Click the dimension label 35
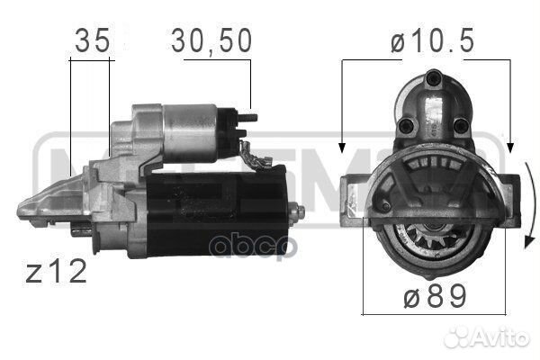coord(90,40)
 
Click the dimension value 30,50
coord(211,40)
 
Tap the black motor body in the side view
coord(216,211)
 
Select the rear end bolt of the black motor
coord(300,211)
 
